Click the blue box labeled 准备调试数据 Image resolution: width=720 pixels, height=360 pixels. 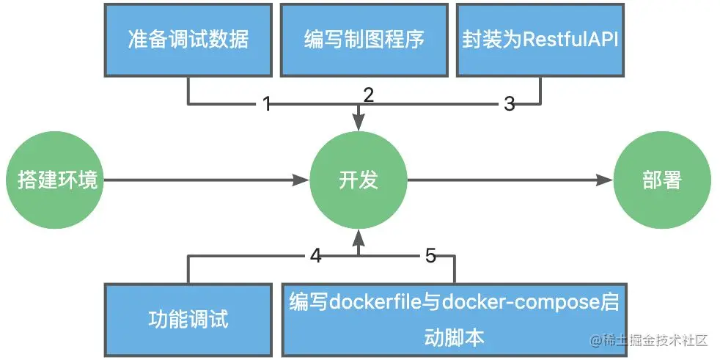pyautogui.click(x=188, y=39)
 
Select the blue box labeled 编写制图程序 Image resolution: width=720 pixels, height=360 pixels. pyautogui.click(x=364, y=39)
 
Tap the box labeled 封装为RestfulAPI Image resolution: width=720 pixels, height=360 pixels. pyautogui.click(x=540, y=39)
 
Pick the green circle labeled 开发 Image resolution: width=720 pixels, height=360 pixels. pyautogui.click(x=358, y=180)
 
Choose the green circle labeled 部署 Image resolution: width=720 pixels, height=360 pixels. pyautogui.click(x=661, y=180)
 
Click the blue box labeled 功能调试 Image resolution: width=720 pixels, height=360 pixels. pyautogui.click(x=188, y=320)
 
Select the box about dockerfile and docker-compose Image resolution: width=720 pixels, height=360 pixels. pyautogui.click(x=455, y=320)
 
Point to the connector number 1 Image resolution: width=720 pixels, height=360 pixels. pyautogui.click(x=267, y=104)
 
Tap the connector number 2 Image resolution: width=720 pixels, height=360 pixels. pyautogui.click(x=369, y=94)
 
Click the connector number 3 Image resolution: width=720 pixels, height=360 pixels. pyautogui.click(x=510, y=104)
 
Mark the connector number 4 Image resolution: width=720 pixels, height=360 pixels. pyautogui.click(x=315, y=256)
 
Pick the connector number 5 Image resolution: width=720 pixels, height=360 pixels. pyautogui.click(x=430, y=256)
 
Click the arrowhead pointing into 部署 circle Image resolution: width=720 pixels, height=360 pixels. pyautogui.click(x=606, y=180)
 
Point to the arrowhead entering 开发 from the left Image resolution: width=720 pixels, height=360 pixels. pyautogui.click(x=301, y=180)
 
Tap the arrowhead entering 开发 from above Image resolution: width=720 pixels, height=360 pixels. pyautogui.click(x=358, y=120)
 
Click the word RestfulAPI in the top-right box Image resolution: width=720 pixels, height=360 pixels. pyautogui.click(x=570, y=39)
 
